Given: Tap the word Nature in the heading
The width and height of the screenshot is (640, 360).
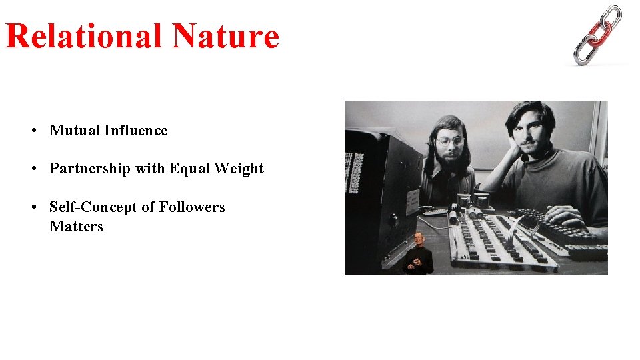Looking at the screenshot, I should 225,36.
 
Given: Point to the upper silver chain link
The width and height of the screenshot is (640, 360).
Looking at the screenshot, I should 611,16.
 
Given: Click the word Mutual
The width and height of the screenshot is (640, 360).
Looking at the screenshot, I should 75,131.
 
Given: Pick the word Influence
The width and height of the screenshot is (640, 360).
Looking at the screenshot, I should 136,131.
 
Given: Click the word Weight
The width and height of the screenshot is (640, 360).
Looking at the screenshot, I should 239,169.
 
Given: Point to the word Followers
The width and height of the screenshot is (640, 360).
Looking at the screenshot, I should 191,207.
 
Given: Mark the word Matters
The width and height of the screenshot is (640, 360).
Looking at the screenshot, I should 76,227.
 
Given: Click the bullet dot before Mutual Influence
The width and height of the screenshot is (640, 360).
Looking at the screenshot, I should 33,131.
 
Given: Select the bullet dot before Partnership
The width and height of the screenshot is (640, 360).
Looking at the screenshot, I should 33,169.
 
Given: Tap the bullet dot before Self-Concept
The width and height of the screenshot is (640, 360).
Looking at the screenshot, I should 33,208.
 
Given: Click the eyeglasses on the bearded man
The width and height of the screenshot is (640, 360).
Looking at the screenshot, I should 451,141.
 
